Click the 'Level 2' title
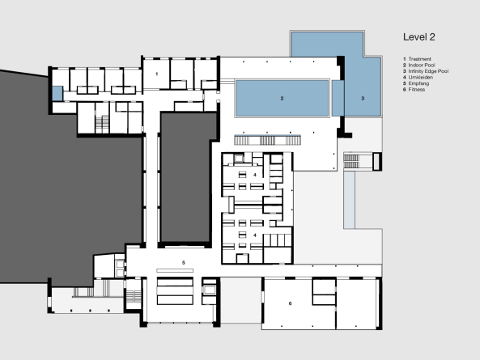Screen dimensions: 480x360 point(418,37)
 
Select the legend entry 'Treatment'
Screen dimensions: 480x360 point(419,59)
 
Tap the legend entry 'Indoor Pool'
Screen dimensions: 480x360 point(422,66)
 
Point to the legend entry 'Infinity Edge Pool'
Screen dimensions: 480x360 point(428,71)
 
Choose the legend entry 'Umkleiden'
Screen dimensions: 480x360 point(421,78)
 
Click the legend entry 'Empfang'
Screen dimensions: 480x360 point(418,83)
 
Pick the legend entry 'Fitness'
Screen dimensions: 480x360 point(417,90)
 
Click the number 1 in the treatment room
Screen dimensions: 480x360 point(157,74)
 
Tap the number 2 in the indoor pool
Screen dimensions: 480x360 point(282,98)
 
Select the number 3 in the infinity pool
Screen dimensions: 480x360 point(363,98)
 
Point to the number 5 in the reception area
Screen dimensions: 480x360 point(184,262)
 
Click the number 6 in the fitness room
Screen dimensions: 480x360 point(290,303)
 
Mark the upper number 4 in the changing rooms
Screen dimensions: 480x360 point(255,175)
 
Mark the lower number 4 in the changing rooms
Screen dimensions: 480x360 point(255,235)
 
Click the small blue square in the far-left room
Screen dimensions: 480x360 point(57,93)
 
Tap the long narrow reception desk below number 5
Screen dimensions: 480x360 point(175,270)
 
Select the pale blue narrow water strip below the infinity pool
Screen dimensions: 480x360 point(349,200)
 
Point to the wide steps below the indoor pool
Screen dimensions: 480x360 point(268,141)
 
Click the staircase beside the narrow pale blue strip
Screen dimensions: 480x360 point(351,161)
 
